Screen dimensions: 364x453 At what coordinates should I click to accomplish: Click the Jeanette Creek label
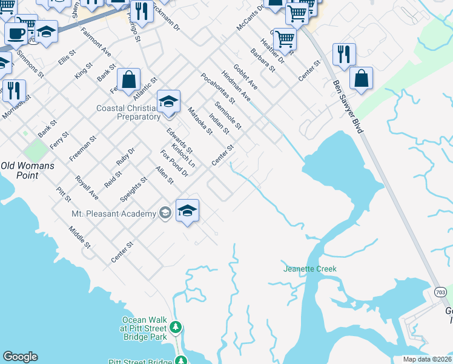(x=309, y=268)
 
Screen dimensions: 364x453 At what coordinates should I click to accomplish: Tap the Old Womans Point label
(x=27, y=170)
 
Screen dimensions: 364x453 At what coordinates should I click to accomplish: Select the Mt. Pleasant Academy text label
(x=114, y=213)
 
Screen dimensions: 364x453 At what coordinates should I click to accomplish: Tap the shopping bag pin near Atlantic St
(x=129, y=80)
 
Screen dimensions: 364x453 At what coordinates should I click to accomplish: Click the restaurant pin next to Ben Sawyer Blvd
(x=344, y=55)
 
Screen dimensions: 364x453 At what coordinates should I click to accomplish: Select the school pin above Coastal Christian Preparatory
(x=169, y=101)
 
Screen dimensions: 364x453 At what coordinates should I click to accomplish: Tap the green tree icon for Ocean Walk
(x=176, y=328)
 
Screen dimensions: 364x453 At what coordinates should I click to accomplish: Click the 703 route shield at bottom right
(x=440, y=292)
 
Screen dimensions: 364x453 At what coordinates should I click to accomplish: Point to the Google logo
(x=20, y=357)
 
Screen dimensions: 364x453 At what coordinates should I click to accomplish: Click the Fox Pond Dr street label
(x=174, y=163)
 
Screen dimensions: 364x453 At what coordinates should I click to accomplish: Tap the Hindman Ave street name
(x=236, y=86)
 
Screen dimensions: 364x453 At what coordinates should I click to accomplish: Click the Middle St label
(x=79, y=237)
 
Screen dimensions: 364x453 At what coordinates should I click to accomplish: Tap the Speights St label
(x=134, y=189)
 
